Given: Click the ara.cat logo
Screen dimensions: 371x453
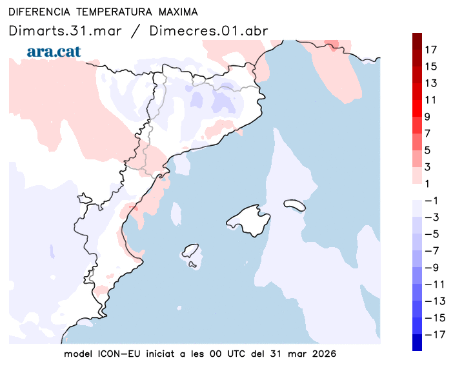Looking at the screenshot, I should [54, 52].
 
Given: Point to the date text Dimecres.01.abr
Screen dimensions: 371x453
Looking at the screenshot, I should [208, 30].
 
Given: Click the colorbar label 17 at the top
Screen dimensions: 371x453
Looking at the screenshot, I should [430, 50].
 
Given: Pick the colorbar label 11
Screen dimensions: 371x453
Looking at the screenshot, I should [430, 100].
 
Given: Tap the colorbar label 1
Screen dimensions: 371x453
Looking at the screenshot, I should [427, 184].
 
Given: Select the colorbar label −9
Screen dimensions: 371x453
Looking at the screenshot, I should [430, 267].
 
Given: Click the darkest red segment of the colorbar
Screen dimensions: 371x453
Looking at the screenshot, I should [418, 41].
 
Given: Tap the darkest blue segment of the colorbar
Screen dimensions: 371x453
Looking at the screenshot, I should [418, 342].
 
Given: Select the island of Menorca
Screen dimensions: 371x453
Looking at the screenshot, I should [295, 205].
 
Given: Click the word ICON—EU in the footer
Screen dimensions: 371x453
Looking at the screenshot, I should [119, 354].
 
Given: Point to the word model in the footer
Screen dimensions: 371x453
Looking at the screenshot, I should [78, 354].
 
